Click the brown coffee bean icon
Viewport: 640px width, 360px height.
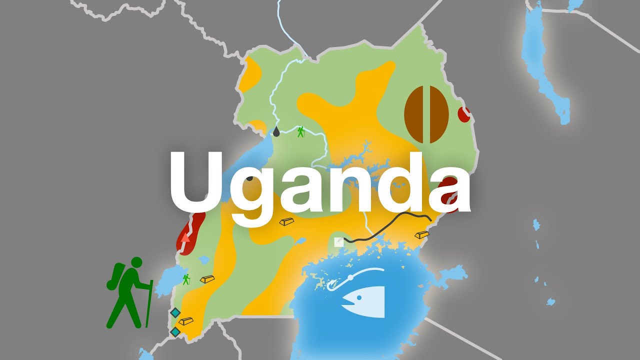pyautogui.click(x=426, y=114)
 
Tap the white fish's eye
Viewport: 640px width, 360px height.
pyautogui.click(x=358, y=298)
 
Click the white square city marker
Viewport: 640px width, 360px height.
pyautogui.click(x=339, y=242)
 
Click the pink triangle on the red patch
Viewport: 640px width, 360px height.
pyautogui.click(x=185, y=237)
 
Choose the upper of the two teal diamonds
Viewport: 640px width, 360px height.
pyautogui.click(x=175, y=312)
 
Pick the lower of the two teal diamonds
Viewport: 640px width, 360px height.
pyautogui.click(x=175, y=331)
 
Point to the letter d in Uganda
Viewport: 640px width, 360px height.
pyautogui.click(x=400, y=182)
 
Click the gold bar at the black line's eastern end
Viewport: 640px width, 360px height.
pyautogui.click(x=421, y=234)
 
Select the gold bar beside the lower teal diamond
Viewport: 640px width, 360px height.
pyautogui.click(x=186, y=320)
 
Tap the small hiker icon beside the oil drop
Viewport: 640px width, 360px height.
pyautogui.click(x=300, y=131)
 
